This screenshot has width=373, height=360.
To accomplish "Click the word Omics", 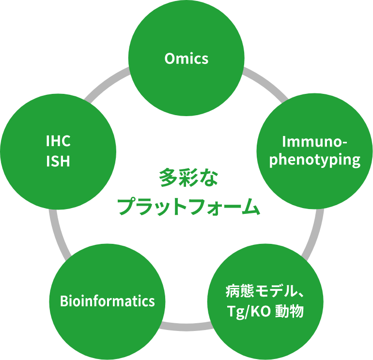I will coord(186,59).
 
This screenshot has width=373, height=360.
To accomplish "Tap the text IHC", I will coord(58,141).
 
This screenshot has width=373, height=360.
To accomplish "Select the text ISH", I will coord(58,161).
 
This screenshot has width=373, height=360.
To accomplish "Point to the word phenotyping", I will coord(315,160).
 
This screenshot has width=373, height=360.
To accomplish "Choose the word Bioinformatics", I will coord(108,301).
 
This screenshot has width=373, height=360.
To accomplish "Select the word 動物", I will coord(289,312).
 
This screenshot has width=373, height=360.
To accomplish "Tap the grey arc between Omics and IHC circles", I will coord(107,83).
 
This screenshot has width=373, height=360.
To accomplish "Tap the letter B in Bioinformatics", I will coord(64,301).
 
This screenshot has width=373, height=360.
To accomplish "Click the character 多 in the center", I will coord(168,178).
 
